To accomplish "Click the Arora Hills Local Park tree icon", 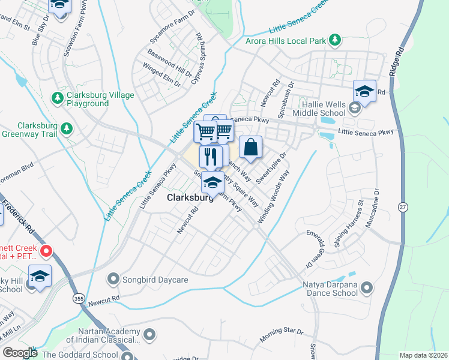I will click(335, 41).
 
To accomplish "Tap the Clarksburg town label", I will click(189, 197).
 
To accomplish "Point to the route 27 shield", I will click(402, 206).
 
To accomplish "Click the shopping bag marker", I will click(251, 147).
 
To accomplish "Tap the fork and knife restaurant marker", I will click(210, 157).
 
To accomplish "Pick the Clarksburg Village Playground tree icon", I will click(58, 98).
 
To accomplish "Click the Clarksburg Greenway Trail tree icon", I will click(66, 128).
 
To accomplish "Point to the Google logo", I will click(20, 353).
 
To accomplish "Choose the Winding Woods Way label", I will click(274, 197).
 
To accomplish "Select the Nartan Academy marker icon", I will click(149, 334).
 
